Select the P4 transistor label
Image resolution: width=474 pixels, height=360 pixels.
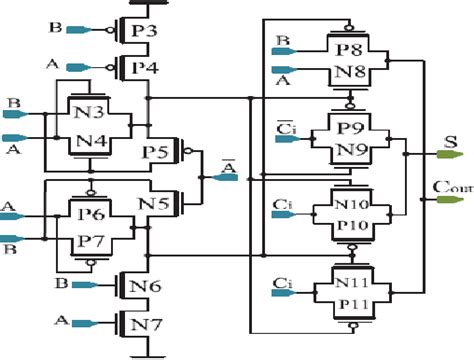145,68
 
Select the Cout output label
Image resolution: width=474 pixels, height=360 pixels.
449,185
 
